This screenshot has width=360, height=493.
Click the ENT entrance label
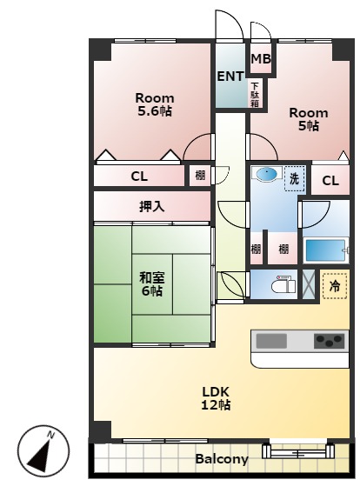tap(230, 77)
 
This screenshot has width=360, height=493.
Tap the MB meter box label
tap(261, 59)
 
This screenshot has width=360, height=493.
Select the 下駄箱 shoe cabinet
tap(255, 94)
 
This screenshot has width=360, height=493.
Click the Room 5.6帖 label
tap(155, 104)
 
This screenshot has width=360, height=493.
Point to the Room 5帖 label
tap(309, 119)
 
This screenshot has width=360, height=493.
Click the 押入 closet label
tap(152, 207)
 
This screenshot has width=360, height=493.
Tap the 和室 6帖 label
tap(152, 284)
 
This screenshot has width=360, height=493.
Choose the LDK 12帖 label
tap(216, 398)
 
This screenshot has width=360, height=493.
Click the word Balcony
tap(222, 459)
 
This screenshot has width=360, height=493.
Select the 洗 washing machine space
tap(295, 178)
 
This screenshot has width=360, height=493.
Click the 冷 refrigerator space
tap(335, 286)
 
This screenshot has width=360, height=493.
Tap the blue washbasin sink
tap(267, 174)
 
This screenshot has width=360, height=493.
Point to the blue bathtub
tap(325, 250)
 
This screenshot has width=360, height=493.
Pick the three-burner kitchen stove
tap(330, 341)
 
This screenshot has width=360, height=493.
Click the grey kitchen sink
tap(271, 341)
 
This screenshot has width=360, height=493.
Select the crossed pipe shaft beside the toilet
tap(308, 284)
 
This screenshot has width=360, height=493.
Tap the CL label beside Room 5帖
tap(330, 181)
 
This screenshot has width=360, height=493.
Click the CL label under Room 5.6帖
tap(139, 177)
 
